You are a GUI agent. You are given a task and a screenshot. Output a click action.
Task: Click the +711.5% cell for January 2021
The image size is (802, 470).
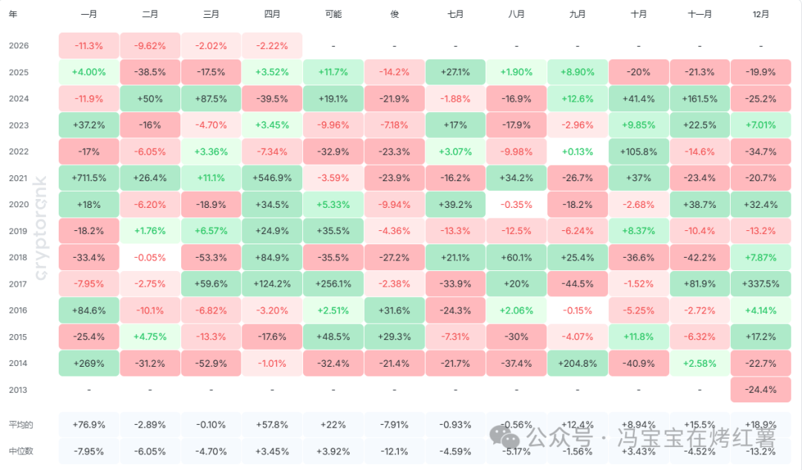(x=89, y=178)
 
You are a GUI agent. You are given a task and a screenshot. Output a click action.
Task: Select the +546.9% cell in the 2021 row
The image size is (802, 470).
(x=272, y=178)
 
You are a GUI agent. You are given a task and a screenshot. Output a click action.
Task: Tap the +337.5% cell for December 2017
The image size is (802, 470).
(x=760, y=284)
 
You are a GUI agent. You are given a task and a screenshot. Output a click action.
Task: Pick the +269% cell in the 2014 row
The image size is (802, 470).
(x=89, y=363)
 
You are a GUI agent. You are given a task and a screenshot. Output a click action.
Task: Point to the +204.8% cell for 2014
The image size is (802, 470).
(x=577, y=363)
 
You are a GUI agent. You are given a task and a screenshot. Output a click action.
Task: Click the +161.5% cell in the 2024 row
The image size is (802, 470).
(x=700, y=99)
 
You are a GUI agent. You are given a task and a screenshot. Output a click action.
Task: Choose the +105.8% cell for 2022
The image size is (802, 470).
(x=638, y=151)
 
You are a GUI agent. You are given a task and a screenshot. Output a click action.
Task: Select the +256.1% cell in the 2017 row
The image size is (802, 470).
(x=333, y=284)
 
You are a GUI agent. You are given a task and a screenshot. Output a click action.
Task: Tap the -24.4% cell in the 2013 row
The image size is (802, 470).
(x=760, y=390)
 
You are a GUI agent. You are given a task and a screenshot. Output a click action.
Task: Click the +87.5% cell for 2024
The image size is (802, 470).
(x=211, y=99)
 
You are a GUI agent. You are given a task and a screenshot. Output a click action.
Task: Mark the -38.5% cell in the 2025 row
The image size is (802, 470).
(x=150, y=72)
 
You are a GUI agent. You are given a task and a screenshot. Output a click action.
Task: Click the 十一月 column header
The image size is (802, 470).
(x=700, y=14)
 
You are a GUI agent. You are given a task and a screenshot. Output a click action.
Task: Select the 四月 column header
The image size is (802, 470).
(x=272, y=14)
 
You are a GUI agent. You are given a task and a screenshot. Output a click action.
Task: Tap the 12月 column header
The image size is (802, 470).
(x=760, y=14)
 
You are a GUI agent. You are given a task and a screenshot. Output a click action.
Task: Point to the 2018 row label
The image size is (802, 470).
(x=19, y=258)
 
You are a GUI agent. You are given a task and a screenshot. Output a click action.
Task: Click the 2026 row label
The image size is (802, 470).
(x=19, y=46)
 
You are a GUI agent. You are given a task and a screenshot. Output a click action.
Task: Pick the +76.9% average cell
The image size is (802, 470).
(x=89, y=425)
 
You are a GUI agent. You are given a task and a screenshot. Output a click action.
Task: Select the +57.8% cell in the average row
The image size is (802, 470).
(x=272, y=425)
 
